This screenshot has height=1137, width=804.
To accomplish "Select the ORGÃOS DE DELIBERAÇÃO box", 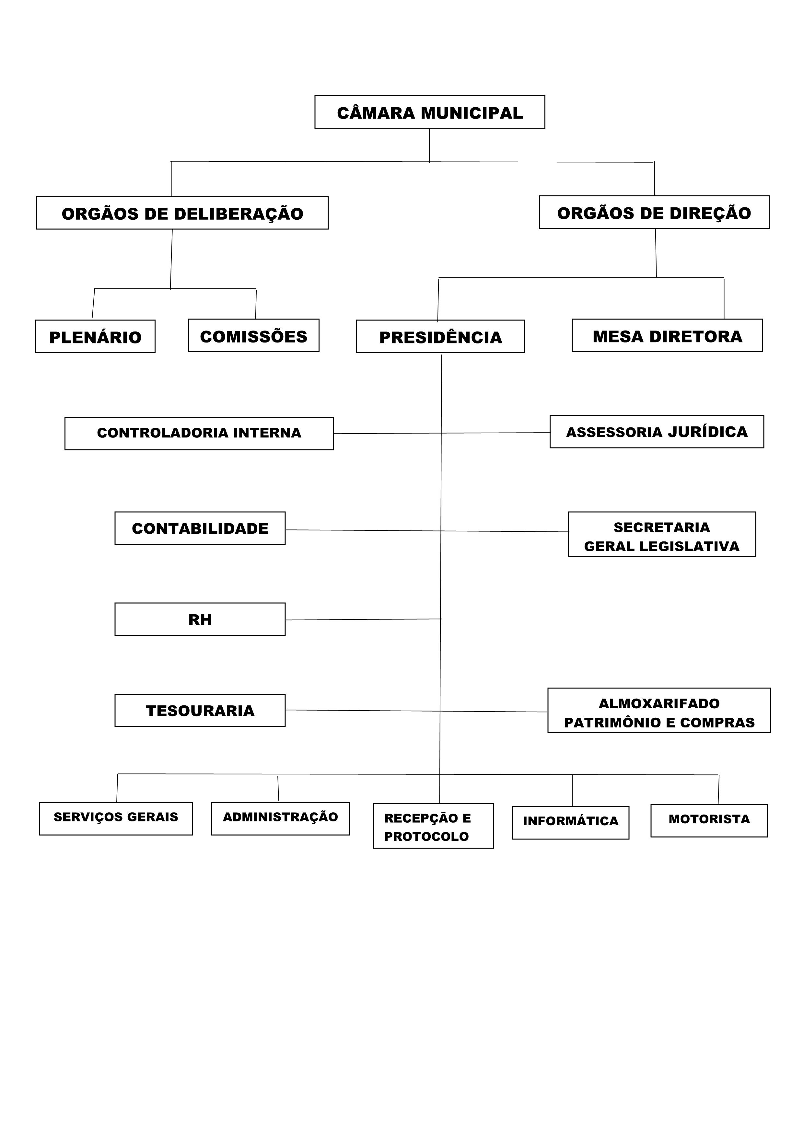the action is (182, 213).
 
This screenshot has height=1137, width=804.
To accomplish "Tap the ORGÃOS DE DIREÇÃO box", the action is (654, 212).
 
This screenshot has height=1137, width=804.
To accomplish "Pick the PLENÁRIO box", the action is (95, 336).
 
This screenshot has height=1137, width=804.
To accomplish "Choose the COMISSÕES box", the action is (254, 335).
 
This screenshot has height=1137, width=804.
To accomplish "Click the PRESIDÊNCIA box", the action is (440, 336).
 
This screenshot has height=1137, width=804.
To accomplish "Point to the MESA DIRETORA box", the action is (667, 335).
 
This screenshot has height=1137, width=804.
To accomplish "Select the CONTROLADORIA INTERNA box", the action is (199, 433).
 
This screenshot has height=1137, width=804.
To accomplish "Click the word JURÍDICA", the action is (708, 432).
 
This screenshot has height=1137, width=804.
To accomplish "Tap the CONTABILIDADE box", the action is (200, 528).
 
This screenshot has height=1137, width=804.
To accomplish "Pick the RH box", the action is (200, 619).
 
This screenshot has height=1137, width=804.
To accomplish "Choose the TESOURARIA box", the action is (200, 710).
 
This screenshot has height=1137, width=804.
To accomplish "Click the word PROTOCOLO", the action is (426, 836).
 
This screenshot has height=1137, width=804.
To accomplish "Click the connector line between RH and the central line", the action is (363, 620).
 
